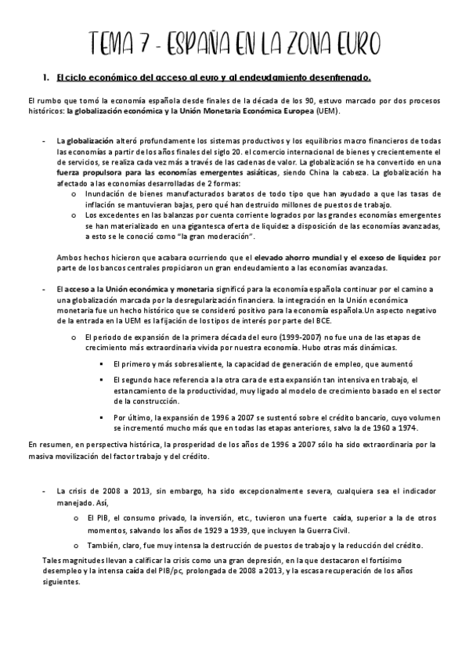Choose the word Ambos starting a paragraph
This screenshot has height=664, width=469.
70,257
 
